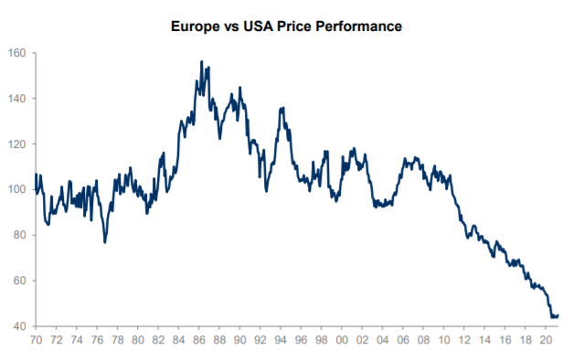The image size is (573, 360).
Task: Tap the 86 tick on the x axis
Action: click(198, 341)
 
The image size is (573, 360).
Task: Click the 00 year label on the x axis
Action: click(342, 341)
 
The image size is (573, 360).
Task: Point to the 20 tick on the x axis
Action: click(546, 341)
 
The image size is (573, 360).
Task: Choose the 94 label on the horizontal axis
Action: click(281, 341)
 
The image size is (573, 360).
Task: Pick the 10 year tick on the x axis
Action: click(444, 341)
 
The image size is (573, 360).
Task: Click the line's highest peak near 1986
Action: click(201, 62)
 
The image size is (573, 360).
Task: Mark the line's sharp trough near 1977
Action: click(105, 242)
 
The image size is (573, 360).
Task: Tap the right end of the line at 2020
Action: click(557, 316)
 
